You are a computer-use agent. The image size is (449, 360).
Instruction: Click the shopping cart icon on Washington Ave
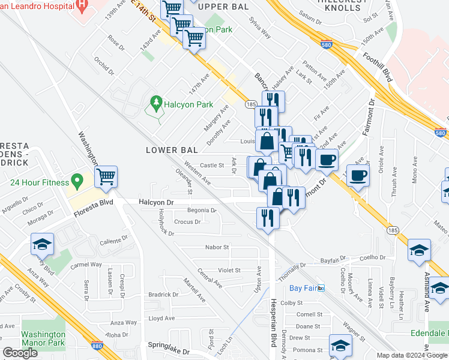pyautogui.click(x=106, y=176)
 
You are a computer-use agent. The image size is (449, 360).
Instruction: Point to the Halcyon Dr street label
pyautogui.click(x=155, y=203)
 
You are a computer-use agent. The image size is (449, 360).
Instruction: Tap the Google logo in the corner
pyautogui.click(x=20, y=353)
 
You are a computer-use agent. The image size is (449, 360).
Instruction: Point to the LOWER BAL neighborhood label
pyautogui.click(x=167, y=150)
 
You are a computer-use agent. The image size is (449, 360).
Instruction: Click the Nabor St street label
pyautogui.click(x=218, y=247)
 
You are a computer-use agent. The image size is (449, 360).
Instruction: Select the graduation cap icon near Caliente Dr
pyautogui.click(x=43, y=244)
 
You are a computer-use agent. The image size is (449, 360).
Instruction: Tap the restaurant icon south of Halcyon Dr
pyautogui.click(x=267, y=217)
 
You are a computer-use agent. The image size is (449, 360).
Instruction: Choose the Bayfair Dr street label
pyautogui.click(x=333, y=260)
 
